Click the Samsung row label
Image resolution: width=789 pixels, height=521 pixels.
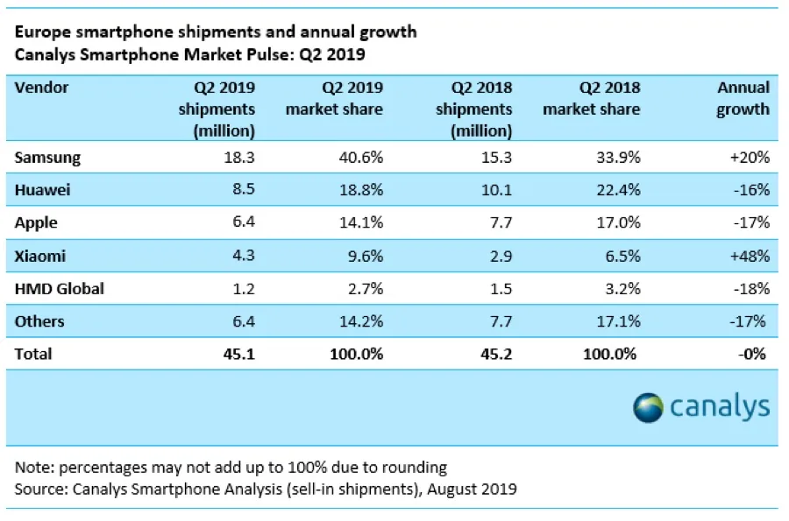pos(48,158)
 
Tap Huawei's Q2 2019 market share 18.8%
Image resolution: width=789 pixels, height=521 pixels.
pos(360,190)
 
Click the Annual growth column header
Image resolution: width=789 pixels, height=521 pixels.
pos(743,98)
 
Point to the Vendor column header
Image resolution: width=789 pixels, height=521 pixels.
pos(41,88)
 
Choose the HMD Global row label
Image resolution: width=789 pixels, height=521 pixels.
pos(59,288)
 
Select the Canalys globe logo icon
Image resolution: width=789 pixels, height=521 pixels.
pos(650,407)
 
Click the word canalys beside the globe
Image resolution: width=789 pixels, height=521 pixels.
pos(720,407)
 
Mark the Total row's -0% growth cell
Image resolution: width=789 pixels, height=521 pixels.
pos(753,354)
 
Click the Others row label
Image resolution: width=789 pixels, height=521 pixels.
pos(39,321)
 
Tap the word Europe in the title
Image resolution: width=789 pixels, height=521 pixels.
pos(40,32)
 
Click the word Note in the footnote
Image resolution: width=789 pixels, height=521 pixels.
pos(32,467)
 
